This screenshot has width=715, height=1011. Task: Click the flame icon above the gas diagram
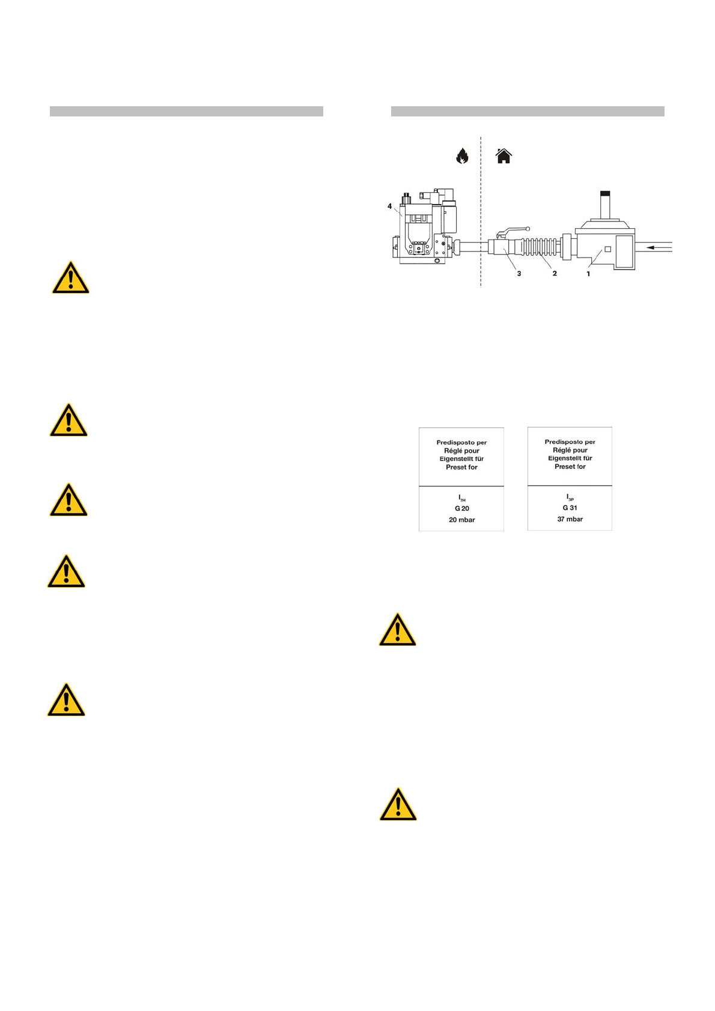tap(462, 156)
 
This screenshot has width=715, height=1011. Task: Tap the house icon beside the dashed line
tap(504, 156)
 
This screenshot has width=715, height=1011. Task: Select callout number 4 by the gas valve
tap(389, 207)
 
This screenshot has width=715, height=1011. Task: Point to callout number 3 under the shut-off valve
tap(519, 274)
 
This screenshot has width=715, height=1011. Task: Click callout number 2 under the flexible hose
tap(555, 274)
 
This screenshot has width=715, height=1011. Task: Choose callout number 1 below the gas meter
tap(588, 274)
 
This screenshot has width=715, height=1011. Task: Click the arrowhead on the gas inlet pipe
tap(651, 247)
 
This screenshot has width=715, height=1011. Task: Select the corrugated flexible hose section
tap(538, 248)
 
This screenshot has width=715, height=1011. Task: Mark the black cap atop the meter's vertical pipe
tap(605, 193)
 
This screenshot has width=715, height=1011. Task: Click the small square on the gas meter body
tap(607, 249)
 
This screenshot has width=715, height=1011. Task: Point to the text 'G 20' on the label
tap(461, 509)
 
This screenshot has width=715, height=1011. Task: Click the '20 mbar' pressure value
tap(461, 520)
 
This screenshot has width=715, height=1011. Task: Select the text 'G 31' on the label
tap(570, 508)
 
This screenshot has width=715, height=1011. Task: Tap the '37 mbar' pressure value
tap(570, 519)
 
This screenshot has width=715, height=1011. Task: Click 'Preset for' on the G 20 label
tap(461, 467)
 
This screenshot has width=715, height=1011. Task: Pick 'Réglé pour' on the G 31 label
tap(570, 450)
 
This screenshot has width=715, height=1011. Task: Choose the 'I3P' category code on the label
tap(570, 498)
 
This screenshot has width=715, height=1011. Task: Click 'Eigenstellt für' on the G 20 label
tap(461, 459)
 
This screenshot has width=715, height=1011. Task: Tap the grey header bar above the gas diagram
tap(528, 111)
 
